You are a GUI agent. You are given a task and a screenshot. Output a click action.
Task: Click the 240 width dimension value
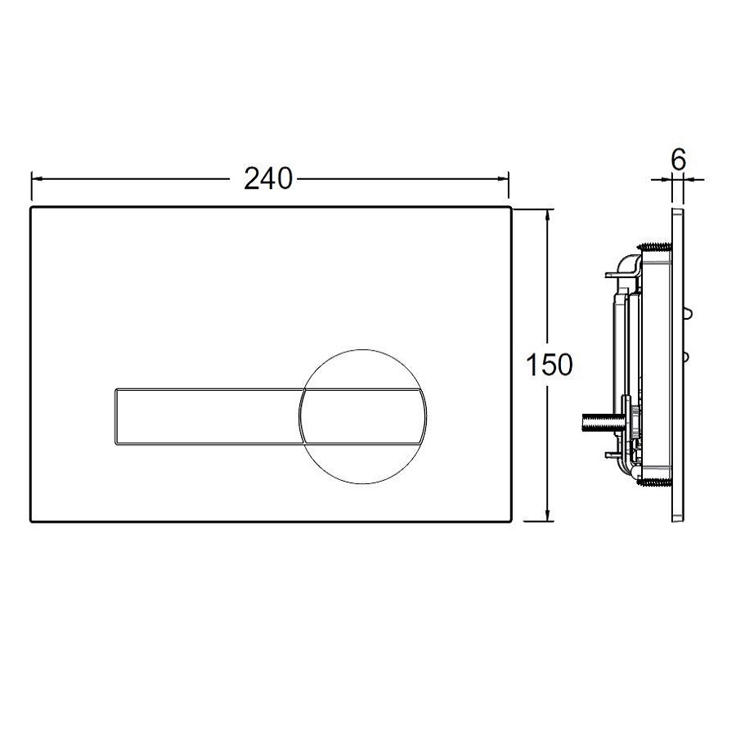tap(268, 179)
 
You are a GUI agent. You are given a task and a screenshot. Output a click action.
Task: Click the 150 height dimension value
tap(550, 365)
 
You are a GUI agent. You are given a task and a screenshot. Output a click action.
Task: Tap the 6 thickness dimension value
tap(679, 159)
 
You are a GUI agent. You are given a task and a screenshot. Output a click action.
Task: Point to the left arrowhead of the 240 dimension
tap(37, 179)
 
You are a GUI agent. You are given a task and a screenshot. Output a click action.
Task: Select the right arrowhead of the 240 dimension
tap(503, 179)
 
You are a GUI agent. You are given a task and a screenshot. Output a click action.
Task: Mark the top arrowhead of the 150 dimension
tap(547, 215)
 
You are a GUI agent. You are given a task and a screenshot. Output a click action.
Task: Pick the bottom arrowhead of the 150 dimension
tap(547, 515)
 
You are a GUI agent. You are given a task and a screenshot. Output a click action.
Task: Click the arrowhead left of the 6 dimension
tap(666, 179)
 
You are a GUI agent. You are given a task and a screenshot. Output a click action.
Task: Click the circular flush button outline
tap(362, 350)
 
